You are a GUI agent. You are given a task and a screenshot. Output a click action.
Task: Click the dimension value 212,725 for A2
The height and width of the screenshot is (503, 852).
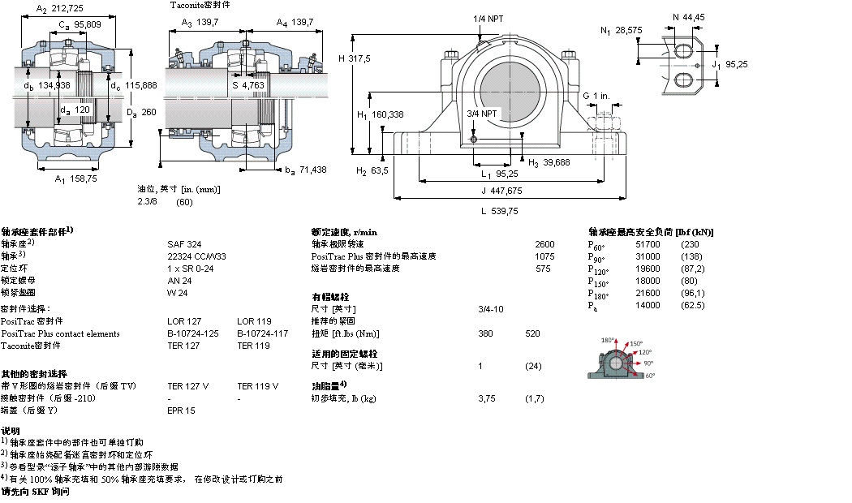pos(67,9)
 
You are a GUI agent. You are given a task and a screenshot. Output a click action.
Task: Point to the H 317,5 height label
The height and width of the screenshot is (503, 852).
pos(354,58)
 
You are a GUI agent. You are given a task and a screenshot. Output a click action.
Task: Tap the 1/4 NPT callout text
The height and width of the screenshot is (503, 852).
pos(487,19)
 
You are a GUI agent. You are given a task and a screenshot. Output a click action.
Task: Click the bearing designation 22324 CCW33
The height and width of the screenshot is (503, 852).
pos(196,256)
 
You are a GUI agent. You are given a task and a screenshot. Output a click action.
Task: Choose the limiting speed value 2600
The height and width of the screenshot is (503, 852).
pos(544,243)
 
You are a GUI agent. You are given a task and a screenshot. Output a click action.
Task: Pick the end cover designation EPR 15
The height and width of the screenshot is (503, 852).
pos(181,411)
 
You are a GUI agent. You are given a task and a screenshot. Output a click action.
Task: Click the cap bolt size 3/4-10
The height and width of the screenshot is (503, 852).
pos(490,309)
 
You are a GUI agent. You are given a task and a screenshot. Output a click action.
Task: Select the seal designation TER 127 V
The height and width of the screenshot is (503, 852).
pos(187,386)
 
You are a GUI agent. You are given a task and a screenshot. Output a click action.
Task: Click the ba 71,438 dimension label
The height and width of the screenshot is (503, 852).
pos(305,170)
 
